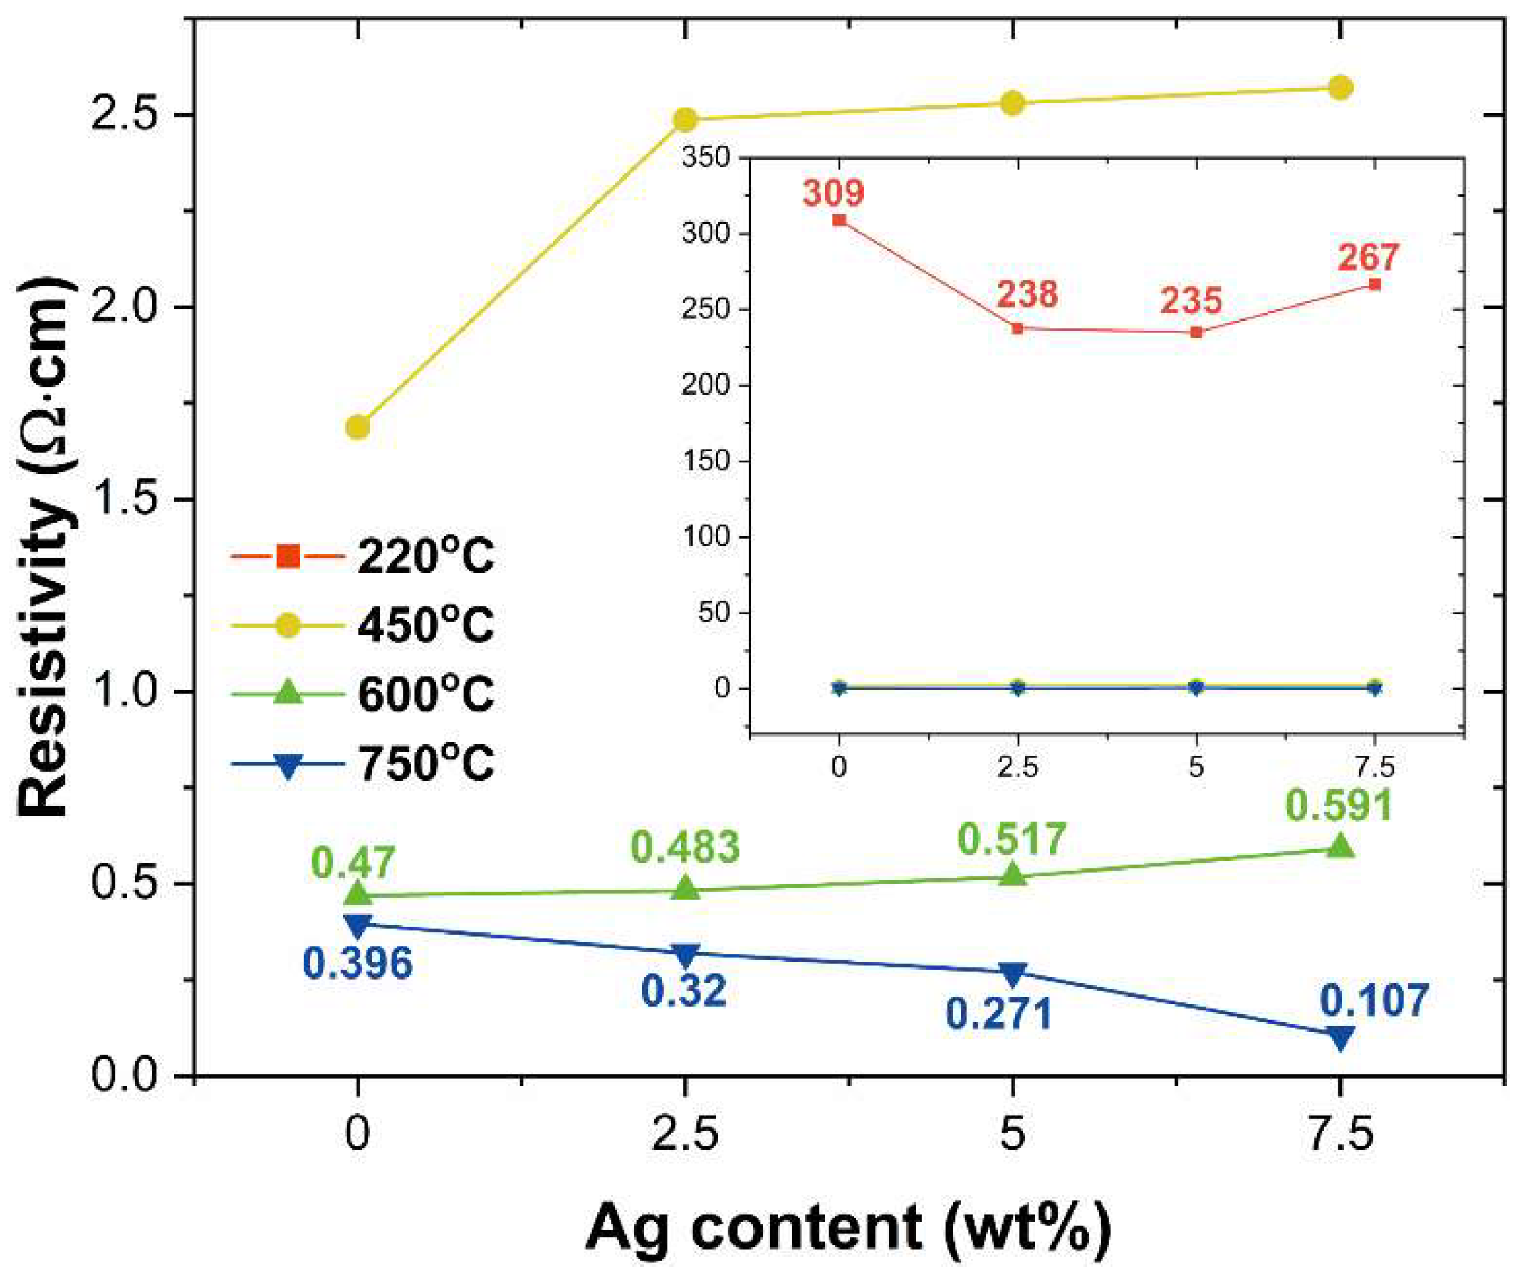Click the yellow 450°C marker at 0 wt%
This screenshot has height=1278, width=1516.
(357, 427)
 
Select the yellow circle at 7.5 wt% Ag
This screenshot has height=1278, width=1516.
(1339, 88)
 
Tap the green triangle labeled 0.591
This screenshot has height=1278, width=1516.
(1339, 846)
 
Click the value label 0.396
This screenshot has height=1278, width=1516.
(357, 964)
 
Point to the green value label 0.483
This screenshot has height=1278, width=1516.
(685, 846)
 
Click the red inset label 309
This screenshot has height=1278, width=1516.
(833, 193)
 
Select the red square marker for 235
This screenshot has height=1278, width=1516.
(1196, 332)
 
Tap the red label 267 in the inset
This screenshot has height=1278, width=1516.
(1366, 256)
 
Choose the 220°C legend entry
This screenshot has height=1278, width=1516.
(362, 557)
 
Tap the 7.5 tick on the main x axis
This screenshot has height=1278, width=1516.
(1339, 1135)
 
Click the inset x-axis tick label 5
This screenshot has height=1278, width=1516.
(1196, 767)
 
